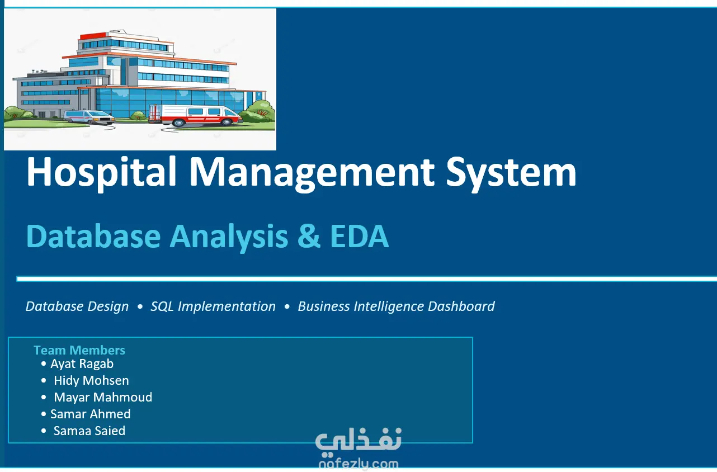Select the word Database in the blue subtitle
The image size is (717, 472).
[93, 236]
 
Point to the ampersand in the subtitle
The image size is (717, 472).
[309, 236]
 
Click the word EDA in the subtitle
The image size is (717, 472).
[360, 236]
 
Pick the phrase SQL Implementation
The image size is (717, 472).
[213, 306]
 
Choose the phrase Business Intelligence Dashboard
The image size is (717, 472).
[397, 306]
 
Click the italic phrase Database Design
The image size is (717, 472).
[77, 306]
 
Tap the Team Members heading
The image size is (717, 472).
[79, 350]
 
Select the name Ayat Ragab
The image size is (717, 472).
[82, 364]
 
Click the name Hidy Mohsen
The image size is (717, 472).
[91, 380]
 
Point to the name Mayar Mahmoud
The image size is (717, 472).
[103, 398]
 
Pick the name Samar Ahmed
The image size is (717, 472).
[91, 414]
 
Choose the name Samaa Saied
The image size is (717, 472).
[89, 431]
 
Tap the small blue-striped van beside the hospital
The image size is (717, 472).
[89, 117]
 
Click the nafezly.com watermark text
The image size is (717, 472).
[358, 464]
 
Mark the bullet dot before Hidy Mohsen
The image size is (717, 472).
[44, 380]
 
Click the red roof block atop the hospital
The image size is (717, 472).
[92, 36]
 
